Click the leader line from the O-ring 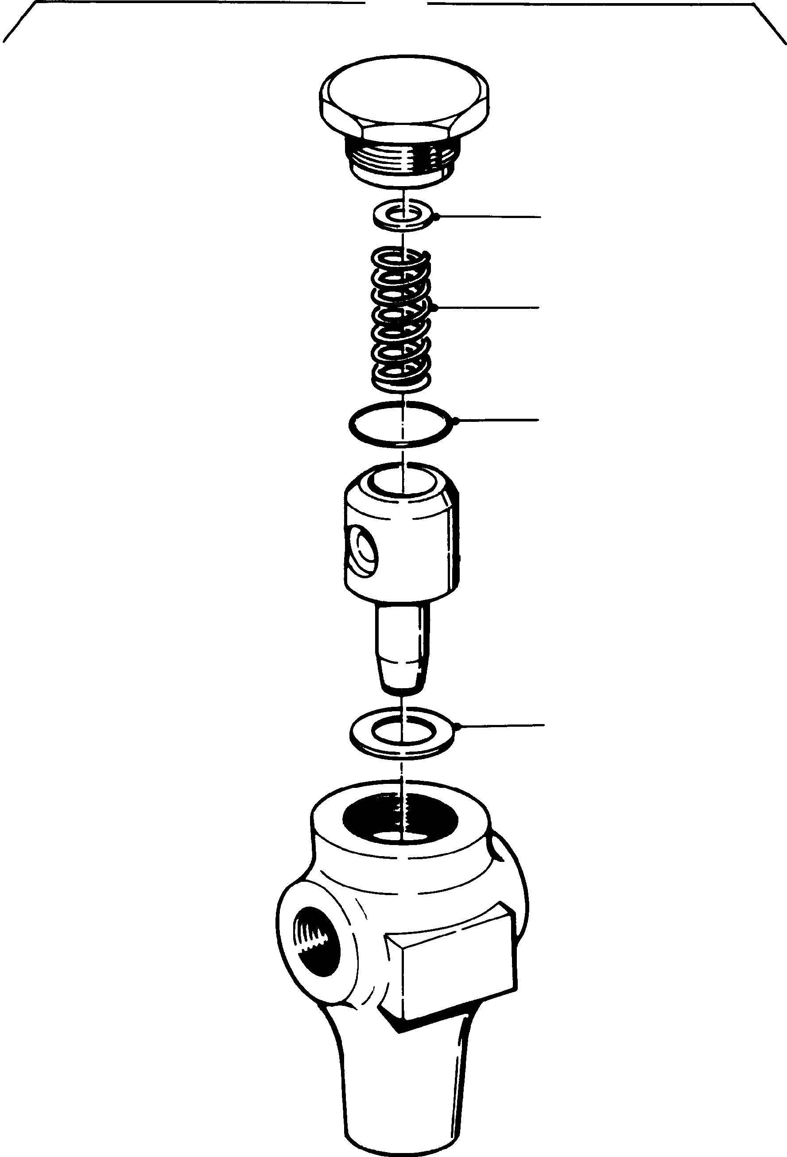pyautogui.click(x=497, y=421)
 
